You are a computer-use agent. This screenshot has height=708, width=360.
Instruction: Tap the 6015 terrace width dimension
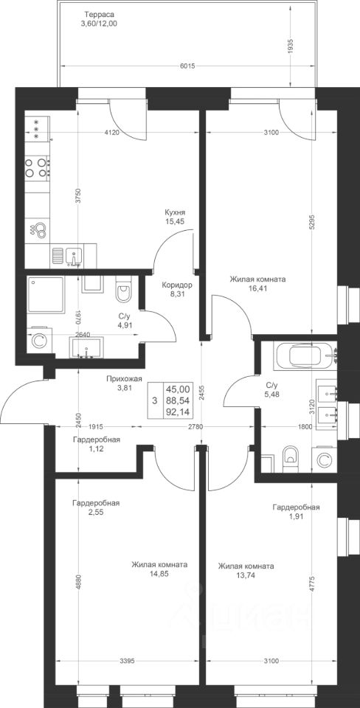coord(187,66)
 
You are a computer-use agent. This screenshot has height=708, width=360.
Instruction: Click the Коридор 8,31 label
coord(177,289)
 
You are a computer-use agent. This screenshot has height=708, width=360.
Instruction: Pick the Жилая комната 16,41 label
coord(257,283)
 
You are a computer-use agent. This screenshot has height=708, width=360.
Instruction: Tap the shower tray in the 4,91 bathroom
coord(46,295)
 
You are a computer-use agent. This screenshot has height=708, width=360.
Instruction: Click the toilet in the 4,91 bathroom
coord(123,291)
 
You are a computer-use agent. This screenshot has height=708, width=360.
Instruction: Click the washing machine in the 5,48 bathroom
coord(323,460)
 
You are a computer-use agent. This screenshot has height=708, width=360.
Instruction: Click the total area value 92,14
coord(178,411)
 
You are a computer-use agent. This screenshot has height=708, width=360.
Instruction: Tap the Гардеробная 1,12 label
coord(96,444)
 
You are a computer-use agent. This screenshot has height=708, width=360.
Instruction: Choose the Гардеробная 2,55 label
coord(96,507)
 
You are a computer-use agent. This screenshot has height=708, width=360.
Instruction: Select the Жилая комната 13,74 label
coord(246,570)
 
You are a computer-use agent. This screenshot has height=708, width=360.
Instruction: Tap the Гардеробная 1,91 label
coord(297,512)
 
